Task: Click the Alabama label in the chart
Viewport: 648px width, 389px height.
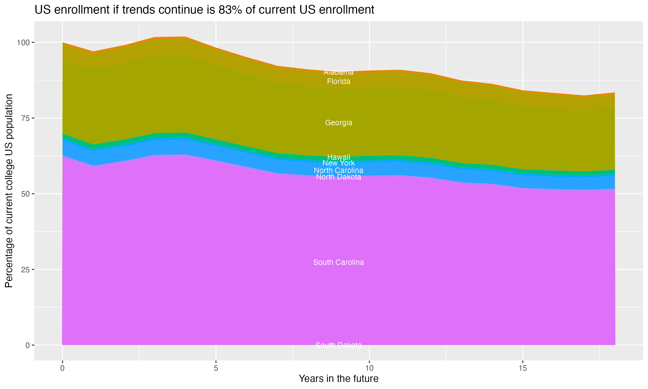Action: click(338, 72)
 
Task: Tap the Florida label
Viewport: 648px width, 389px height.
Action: click(338, 81)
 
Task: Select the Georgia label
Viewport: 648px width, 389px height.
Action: click(338, 123)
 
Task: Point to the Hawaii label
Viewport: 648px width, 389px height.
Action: click(338, 157)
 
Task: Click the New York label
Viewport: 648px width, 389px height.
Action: click(338, 163)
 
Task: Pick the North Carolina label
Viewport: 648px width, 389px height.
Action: click(338, 170)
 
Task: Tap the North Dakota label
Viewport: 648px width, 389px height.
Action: click(338, 177)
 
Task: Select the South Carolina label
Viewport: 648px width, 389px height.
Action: click(338, 262)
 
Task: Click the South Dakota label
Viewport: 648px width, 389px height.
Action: click(338, 345)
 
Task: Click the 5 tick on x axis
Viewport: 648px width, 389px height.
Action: click(216, 368)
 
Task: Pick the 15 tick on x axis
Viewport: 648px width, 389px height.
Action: click(523, 368)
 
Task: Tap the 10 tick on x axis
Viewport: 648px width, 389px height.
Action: click(369, 368)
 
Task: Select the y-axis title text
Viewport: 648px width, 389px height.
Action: click(9, 191)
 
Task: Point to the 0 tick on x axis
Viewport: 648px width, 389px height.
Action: click(62, 368)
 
